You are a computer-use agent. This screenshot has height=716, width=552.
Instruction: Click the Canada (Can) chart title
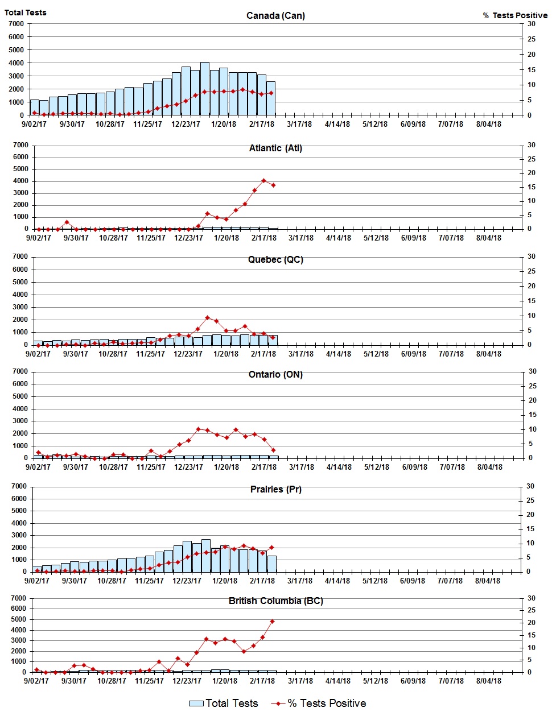pyautogui.click(x=275, y=15)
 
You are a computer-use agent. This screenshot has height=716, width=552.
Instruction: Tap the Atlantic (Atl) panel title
pyautogui.click(x=275, y=148)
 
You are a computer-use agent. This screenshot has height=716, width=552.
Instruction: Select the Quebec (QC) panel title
pyautogui.click(x=275, y=260)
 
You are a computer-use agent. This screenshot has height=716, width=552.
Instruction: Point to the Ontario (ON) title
pyautogui.click(x=275, y=375)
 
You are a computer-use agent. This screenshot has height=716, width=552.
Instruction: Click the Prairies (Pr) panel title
pyautogui.click(x=275, y=489)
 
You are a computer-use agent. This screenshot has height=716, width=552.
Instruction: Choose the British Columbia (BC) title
pyautogui.click(x=275, y=601)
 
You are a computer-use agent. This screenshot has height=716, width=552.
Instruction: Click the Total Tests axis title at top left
pyautogui.click(x=26, y=13)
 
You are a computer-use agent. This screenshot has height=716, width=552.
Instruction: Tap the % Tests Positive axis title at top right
pyautogui.click(x=515, y=15)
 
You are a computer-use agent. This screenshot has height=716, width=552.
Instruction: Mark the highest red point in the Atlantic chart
pyautogui.click(x=263, y=181)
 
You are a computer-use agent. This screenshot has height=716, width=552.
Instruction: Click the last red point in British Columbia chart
pyautogui.click(x=273, y=621)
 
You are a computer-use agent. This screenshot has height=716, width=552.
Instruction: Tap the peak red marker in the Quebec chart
pyautogui.click(x=207, y=318)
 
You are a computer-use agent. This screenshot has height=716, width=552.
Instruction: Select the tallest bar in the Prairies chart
pyautogui.click(x=206, y=555)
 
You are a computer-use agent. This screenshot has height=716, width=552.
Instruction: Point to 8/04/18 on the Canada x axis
pyautogui.click(x=488, y=124)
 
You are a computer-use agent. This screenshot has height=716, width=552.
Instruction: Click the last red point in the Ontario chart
pyautogui.click(x=274, y=450)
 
